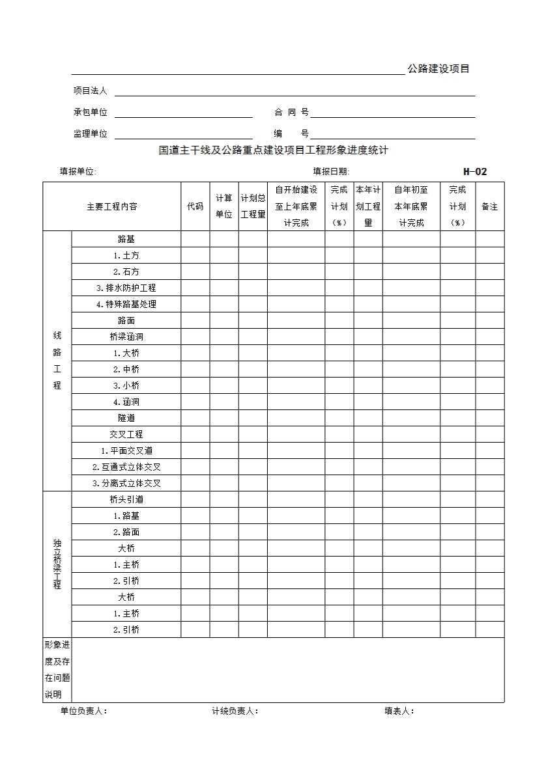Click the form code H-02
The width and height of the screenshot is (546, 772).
point(475,172)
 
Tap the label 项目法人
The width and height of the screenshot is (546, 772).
point(90,91)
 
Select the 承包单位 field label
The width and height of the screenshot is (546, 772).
point(90,113)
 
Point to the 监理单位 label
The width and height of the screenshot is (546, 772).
point(90,134)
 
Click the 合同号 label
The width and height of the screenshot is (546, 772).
point(291,113)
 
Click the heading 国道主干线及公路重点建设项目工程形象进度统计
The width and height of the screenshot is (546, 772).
point(274,150)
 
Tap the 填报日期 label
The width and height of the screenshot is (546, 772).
point(331,172)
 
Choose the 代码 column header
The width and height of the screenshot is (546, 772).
point(195,206)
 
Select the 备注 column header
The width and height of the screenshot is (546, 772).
point(489,206)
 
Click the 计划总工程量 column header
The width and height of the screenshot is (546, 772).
point(253,206)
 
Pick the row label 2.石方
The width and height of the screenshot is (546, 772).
point(126,271)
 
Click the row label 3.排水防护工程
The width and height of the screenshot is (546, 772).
point(126,288)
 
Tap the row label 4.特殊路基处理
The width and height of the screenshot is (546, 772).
point(126,304)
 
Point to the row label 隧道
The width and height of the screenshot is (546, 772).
point(126,418)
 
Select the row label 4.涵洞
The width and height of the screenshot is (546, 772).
point(126,402)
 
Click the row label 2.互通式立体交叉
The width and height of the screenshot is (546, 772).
point(126,467)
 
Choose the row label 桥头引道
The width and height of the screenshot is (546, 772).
point(126,499)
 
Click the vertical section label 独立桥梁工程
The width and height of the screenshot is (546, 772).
point(57,564)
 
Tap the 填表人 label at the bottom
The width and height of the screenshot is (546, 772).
point(399,711)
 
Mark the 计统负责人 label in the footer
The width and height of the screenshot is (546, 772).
point(235,711)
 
